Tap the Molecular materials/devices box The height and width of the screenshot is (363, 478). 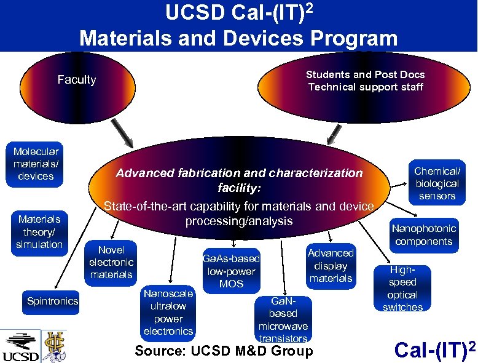pyautogui.click(x=36, y=164)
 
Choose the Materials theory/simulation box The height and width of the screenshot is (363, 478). pyautogui.click(x=40, y=232)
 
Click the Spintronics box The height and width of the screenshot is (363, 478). pyautogui.click(x=53, y=301)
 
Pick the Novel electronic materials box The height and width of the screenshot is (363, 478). pyautogui.click(x=111, y=262)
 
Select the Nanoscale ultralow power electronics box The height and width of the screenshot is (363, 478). pyautogui.click(x=168, y=312)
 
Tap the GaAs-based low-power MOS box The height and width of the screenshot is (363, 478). pyautogui.click(x=231, y=271)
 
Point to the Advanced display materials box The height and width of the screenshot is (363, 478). pyautogui.click(x=331, y=266)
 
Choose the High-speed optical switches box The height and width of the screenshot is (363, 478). pyautogui.click(x=402, y=289)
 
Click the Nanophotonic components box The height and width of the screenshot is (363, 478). pyautogui.click(x=424, y=234)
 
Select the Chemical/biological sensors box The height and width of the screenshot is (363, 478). pyautogui.click(x=437, y=183)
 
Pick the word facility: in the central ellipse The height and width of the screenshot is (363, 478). pyautogui.click(x=240, y=187)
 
